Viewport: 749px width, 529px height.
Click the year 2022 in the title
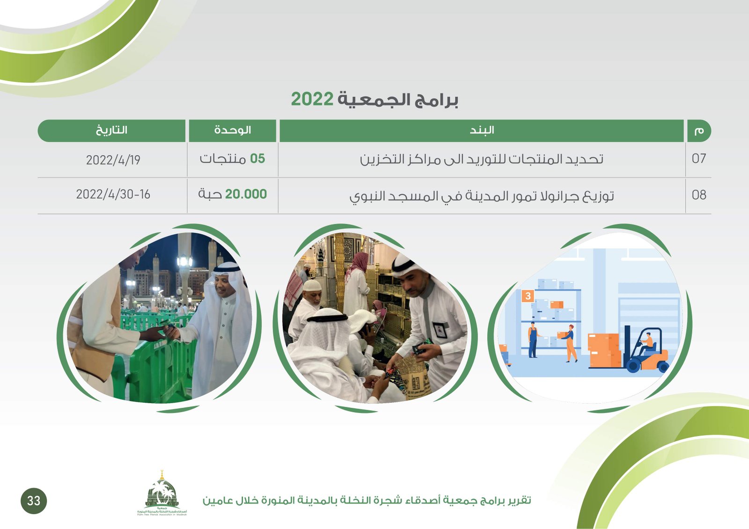(x=312, y=99)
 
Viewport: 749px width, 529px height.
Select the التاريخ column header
(x=112, y=130)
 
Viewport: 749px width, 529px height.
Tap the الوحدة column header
(x=232, y=130)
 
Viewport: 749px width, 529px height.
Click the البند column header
(x=482, y=130)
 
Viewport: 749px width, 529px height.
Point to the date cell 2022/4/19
(x=113, y=160)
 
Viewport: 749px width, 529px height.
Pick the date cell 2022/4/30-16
(x=113, y=194)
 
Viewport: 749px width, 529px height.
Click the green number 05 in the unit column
(x=257, y=159)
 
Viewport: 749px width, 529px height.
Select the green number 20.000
(x=246, y=194)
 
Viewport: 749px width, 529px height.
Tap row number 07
(x=699, y=159)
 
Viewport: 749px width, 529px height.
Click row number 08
(x=699, y=195)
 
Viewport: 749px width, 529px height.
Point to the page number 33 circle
(x=34, y=500)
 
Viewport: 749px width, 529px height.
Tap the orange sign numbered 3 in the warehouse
(x=528, y=296)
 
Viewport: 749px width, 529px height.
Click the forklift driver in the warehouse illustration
(x=646, y=343)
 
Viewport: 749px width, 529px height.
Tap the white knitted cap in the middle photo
(x=312, y=285)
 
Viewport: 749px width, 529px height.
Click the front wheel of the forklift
(x=633, y=365)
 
